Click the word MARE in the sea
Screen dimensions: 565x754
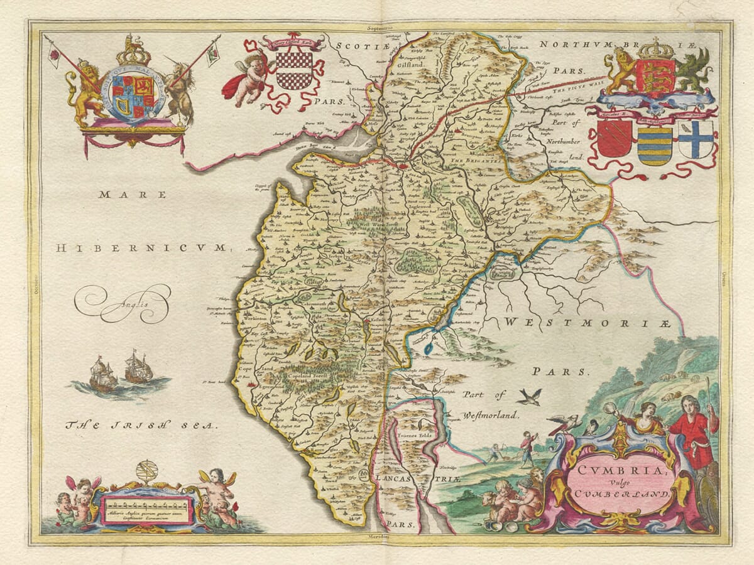click(x=133, y=195)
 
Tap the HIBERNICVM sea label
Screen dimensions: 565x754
click(x=140, y=249)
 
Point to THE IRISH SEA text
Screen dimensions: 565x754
click(x=141, y=426)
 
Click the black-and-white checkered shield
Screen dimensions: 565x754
click(x=294, y=69)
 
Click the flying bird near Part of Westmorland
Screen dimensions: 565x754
click(x=530, y=396)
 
